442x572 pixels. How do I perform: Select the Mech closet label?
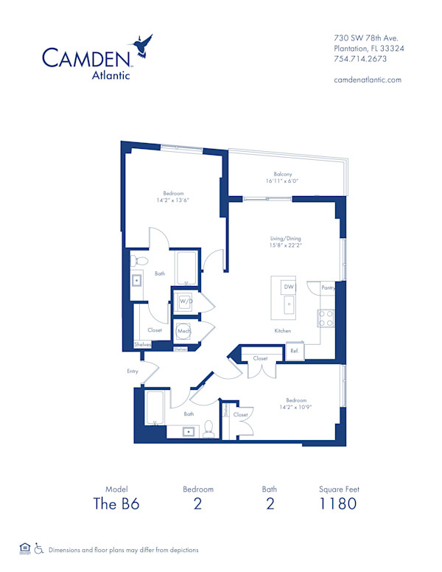(x=183, y=332)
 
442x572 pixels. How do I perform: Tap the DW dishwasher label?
(x=289, y=286)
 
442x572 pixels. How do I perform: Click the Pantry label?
(x=328, y=287)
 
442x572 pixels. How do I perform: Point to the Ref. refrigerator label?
(x=292, y=352)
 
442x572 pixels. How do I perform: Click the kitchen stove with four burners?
(x=326, y=318)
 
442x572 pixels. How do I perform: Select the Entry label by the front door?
(x=133, y=372)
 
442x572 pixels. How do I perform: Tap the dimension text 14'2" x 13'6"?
(x=169, y=200)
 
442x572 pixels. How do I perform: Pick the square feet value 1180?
(x=339, y=504)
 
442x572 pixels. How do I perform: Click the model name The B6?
(x=116, y=504)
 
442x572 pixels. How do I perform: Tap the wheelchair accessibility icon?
(x=38, y=549)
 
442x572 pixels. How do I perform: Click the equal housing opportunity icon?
(x=25, y=549)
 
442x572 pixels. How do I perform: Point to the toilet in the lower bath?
(x=208, y=430)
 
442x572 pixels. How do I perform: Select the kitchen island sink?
(x=289, y=304)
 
